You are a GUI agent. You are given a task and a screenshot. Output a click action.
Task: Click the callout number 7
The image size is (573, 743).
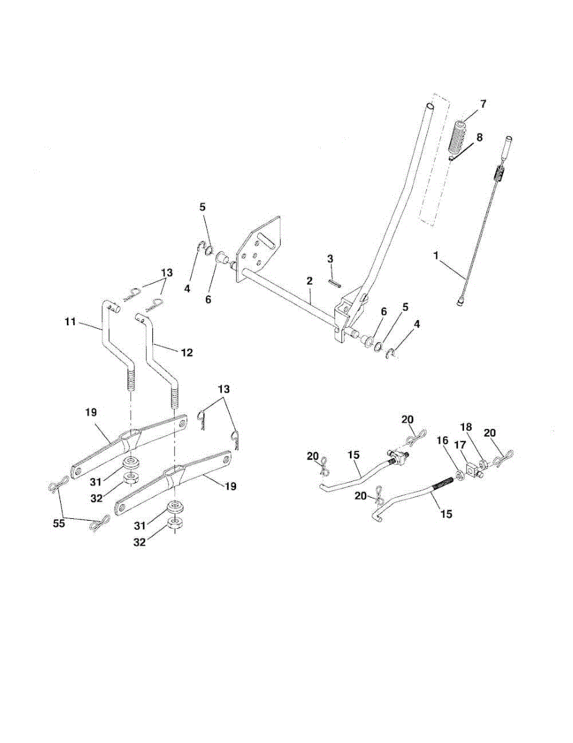pyautogui.click(x=483, y=103)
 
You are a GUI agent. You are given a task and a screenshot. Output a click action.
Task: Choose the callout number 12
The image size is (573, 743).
pyautogui.click(x=187, y=352)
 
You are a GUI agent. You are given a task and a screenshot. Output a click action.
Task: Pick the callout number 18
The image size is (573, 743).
pyautogui.click(x=466, y=427)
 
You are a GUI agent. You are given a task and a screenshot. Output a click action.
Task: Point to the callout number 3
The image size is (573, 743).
pyautogui.click(x=330, y=258)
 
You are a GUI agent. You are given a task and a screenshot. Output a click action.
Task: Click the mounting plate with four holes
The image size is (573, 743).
pyautogui.click(x=260, y=251)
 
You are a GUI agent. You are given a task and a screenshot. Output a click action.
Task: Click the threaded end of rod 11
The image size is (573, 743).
pyautogui.click(x=131, y=378)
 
